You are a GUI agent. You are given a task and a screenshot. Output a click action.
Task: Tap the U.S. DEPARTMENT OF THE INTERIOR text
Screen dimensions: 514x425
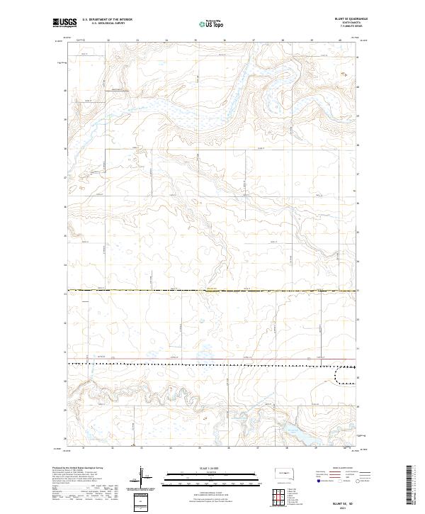coord(107,19)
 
